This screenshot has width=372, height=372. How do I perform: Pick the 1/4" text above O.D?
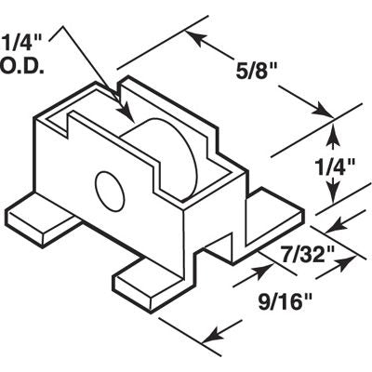coord(20,42)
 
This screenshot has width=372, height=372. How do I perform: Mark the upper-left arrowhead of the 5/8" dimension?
coord(194,37)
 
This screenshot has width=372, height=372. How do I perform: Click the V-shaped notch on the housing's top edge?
coord(124,94)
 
